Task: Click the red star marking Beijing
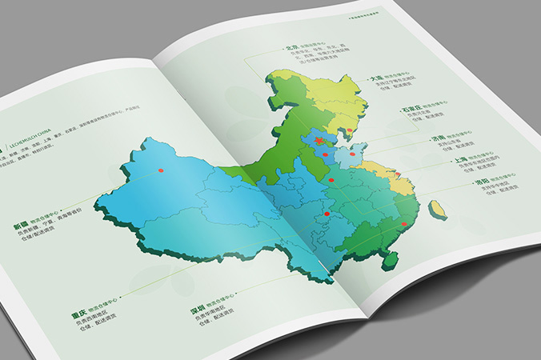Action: click(x=319, y=142)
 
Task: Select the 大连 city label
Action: click(x=375, y=79)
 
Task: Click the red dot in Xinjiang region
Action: click(x=160, y=170)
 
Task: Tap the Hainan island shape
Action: click(x=391, y=258)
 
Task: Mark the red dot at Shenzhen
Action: click(x=404, y=223)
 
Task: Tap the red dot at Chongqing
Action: click(x=327, y=214)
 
